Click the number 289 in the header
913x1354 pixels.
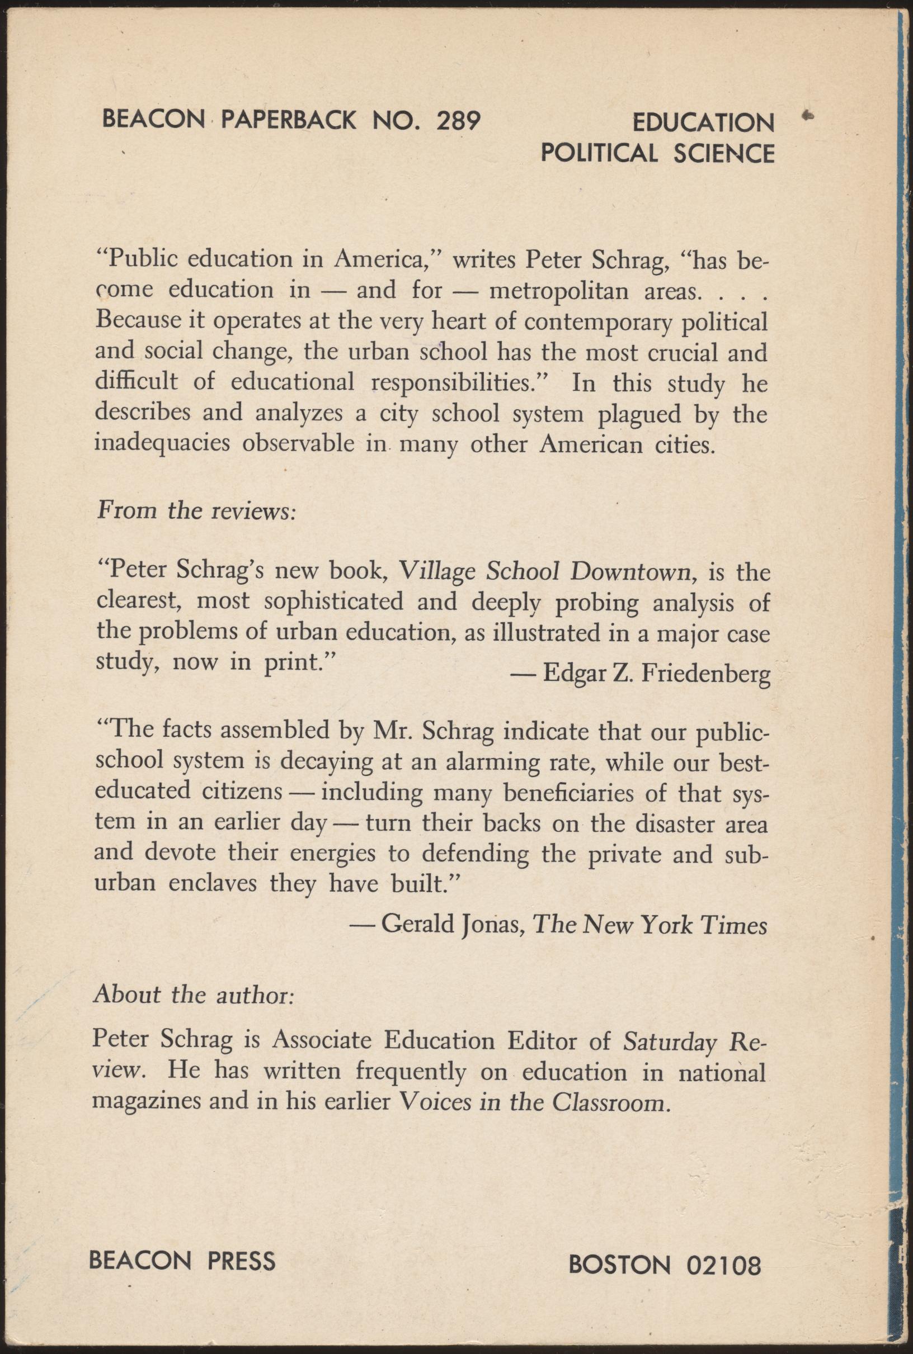(x=458, y=120)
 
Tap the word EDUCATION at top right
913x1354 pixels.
(x=703, y=123)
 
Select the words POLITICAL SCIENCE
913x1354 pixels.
(x=657, y=153)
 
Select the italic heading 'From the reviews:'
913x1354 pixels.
(x=197, y=510)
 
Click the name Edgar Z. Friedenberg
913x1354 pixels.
(x=656, y=674)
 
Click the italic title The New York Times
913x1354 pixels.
(x=650, y=924)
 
